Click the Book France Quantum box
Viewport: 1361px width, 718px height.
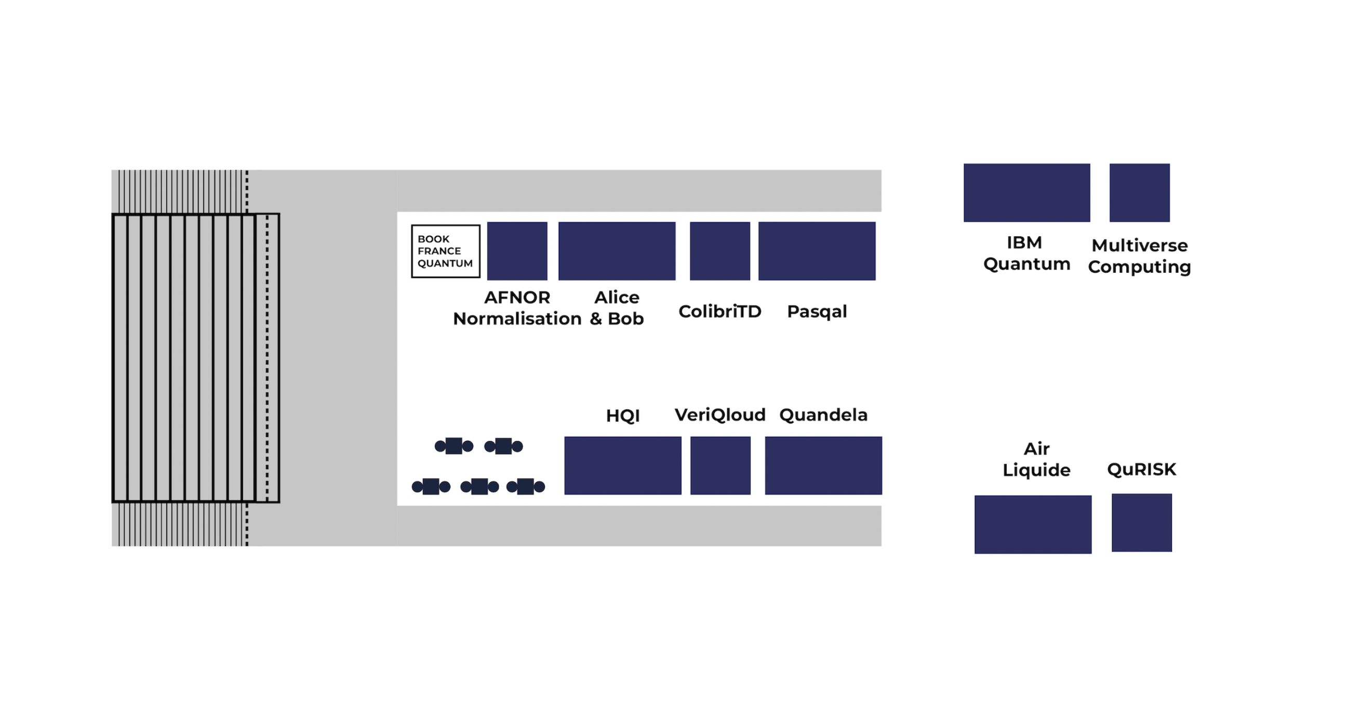click(445, 251)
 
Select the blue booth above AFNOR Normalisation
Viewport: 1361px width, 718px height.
click(517, 251)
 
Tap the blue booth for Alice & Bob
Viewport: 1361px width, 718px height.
click(617, 251)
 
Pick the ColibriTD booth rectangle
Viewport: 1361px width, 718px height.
click(719, 251)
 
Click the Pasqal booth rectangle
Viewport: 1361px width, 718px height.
click(817, 251)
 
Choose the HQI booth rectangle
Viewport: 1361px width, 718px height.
click(622, 466)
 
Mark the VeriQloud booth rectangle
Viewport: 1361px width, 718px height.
click(720, 466)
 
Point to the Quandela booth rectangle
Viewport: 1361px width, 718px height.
click(823, 466)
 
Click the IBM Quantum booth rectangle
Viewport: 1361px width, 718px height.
click(1026, 193)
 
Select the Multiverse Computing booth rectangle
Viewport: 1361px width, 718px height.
click(1139, 193)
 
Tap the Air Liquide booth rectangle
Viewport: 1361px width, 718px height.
click(1033, 524)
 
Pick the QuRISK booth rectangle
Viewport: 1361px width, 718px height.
click(1141, 523)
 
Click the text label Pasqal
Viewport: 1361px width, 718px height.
click(817, 312)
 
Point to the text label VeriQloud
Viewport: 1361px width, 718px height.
click(719, 415)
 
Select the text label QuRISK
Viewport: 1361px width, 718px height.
click(1141, 469)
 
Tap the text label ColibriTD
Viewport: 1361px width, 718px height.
click(719, 312)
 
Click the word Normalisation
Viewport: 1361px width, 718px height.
click(517, 318)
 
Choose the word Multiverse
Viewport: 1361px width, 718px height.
click(1140, 245)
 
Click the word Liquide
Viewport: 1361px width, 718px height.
click(1036, 470)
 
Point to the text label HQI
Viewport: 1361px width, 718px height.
click(622, 416)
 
